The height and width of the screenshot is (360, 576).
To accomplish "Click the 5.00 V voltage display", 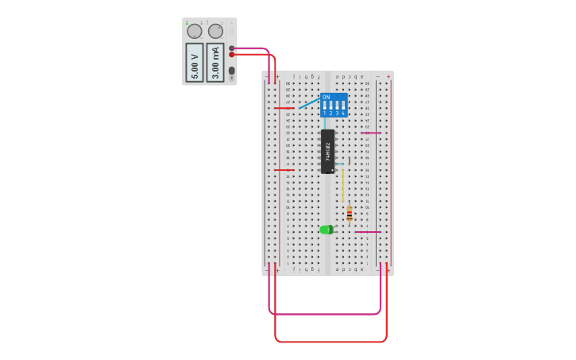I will pyautogui.click(x=194, y=62).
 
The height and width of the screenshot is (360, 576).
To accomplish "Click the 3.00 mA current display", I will pyautogui.click(x=215, y=62).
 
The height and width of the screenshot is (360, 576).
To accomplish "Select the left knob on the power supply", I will pyautogui.click(x=194, y=32).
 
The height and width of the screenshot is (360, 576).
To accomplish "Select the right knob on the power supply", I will pyautogui.click(x=215, y=32).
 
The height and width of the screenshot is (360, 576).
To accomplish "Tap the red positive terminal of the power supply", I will pyautogui.click(x=232, y=54).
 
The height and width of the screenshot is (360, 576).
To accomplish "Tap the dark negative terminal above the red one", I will pyautogui.click(x=232, y=48).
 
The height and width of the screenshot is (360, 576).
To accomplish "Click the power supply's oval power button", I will pyautogui.click(x=232, y=71).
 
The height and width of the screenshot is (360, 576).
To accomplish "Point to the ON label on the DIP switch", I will pyautogui.click(x=326, y=97).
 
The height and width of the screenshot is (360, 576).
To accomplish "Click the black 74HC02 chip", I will pyautogui.click(x=327, y=151).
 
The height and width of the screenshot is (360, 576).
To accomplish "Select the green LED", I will pyautogui.click(x=326, y=230).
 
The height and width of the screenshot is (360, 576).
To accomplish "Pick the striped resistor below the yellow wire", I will pyautogui.click(x=349, y=214).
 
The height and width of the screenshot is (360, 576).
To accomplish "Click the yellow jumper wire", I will pyautogui.click(x=343, y=185).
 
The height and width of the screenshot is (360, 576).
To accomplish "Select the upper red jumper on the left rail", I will pyautogui.click(x=284, y=107).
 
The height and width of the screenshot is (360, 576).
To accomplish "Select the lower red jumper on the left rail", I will pyautogui.click(x=284, y=169).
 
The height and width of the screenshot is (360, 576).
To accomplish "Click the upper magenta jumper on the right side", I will pyautogui.click(x=371, y=133).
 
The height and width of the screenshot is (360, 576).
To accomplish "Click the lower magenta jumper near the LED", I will pyautogui.click(x=368, y=232).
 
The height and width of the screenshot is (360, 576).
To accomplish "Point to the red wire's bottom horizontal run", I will pyautogui.click(x=331, y=342).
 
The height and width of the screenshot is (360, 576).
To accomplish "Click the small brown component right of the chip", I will pyautogui.click(x=349, y=161).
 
